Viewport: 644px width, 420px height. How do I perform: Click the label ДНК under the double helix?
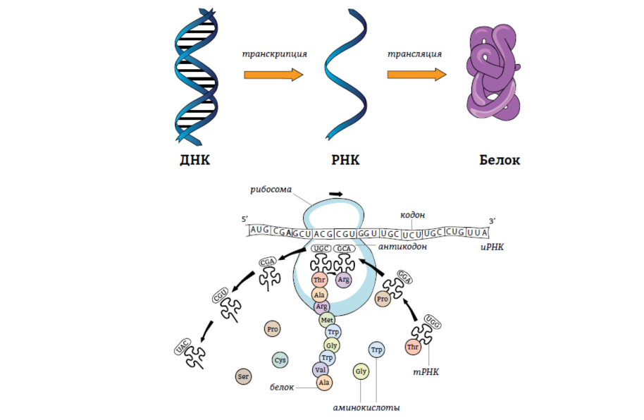[x=195, y=160]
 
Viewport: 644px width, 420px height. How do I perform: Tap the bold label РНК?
[x=345, y=160]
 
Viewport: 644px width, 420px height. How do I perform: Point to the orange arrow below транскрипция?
[x=273, y=74]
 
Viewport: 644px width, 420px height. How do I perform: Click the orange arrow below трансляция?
[x=416, y=74]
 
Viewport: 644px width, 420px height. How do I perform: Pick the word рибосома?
[x=271, y=189]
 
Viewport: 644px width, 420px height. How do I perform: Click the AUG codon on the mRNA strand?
[x=260, y=230]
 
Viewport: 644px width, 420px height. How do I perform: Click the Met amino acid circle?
[x=327, y=319]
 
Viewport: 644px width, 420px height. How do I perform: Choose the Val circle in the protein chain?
[x=321, y=369]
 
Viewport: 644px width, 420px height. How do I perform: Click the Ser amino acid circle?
[x=244, y=376]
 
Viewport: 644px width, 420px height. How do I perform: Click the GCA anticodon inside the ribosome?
[x=344, y=249]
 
